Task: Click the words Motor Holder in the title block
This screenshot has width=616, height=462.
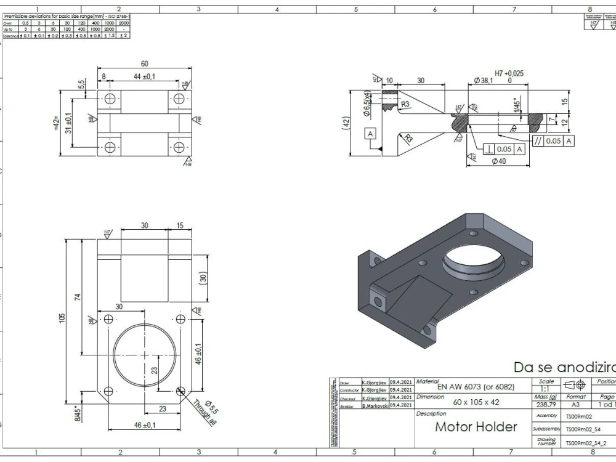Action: tap(476, 427)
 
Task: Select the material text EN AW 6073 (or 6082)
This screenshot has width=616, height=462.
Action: tap(476, 387)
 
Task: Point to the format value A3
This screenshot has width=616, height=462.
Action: tap(575, 405)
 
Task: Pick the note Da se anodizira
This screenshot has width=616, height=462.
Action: tap(564, 367)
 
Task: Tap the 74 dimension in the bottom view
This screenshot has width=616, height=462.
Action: tap(78, 297)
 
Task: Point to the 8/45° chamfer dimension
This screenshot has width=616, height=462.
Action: tap(78, 411)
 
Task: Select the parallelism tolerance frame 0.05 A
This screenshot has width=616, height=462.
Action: tap(553, 140)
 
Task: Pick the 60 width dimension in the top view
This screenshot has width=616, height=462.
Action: tap(144, 64)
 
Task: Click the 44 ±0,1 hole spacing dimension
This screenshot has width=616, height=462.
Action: tap(144, 76)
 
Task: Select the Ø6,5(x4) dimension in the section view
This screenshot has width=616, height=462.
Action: tap(367, 103)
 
